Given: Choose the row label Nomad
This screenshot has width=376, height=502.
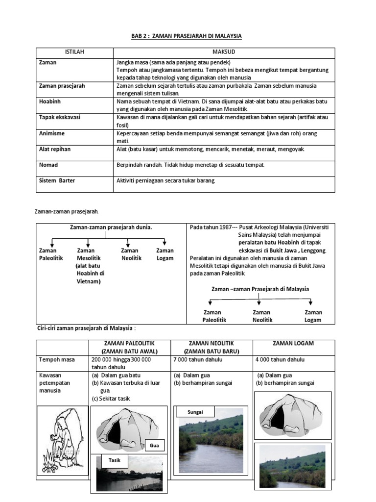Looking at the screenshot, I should pyautogui.click(x=48, y=165).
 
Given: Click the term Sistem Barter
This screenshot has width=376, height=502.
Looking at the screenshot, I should pyautogui.click(x=58, y=180).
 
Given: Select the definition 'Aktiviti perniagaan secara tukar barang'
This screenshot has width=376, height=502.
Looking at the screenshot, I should pyautogui.click(x=166, y=180).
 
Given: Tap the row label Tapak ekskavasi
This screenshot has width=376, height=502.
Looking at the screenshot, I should pyautogui.click(x=60, y=117).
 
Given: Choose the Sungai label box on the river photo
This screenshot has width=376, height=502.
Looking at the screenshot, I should pyautogui.click(x=195, y=412).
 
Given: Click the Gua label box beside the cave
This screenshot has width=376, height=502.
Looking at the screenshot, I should pyautogui.click(x=155, y=445).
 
